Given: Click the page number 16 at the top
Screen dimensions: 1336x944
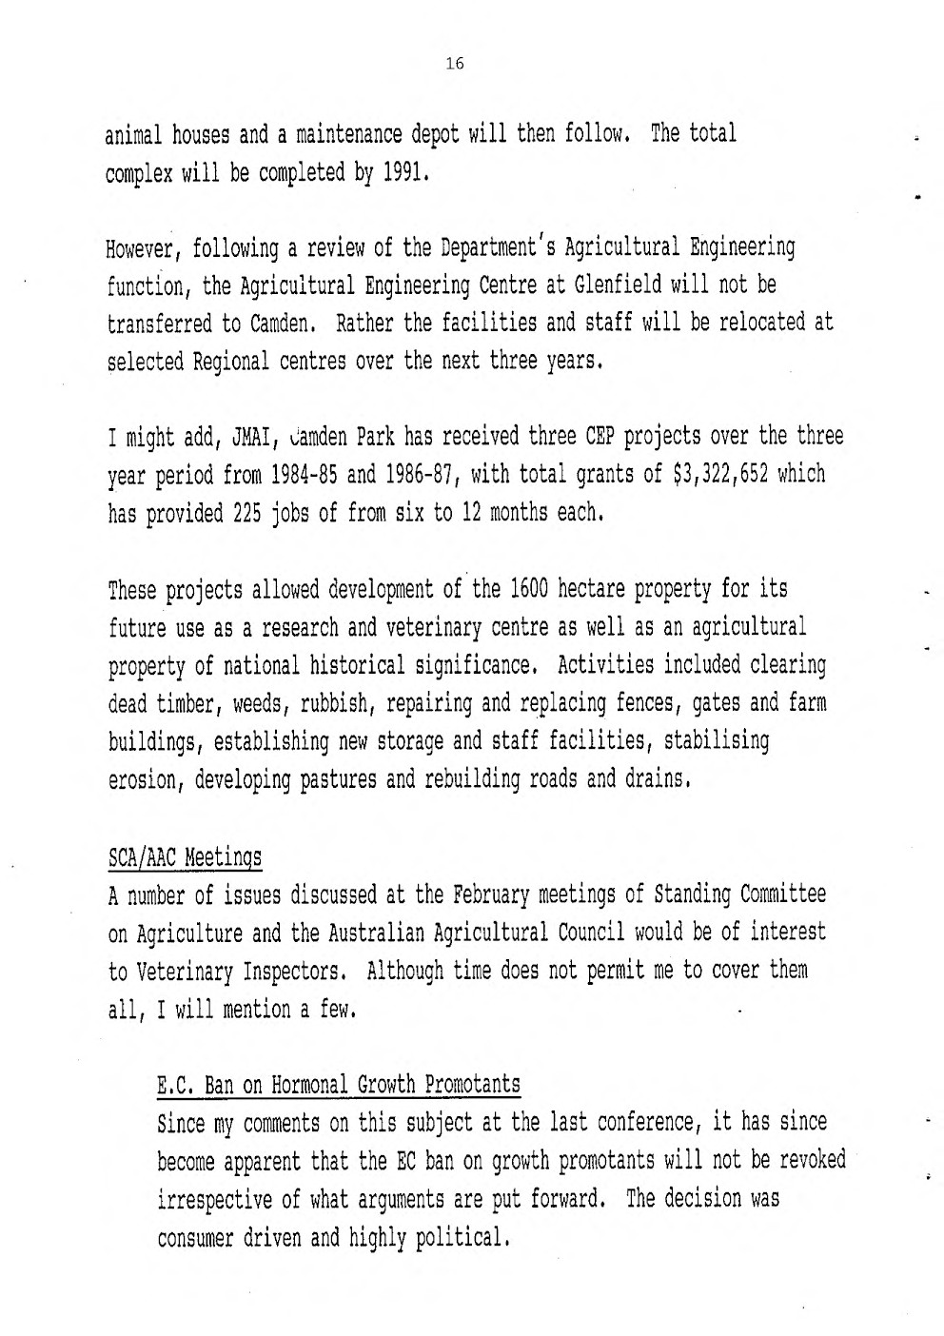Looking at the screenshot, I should [454, 64].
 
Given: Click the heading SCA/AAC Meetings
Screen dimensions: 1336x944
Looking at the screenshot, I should [185, 857].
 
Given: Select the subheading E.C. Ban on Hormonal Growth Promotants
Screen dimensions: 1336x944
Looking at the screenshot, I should [338, 1084].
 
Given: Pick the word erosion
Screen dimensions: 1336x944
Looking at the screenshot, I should [147, 780].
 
